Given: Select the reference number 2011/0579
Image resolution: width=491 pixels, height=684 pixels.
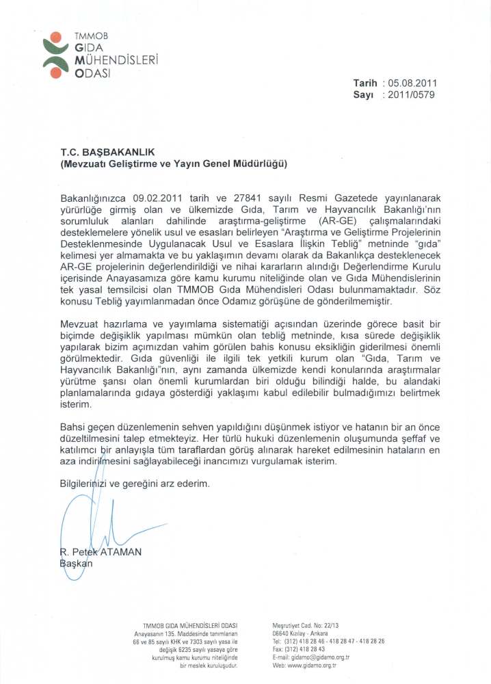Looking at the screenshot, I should coord(411,95).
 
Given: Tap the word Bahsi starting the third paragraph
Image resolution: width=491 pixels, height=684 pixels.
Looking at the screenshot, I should coord(74,427).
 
